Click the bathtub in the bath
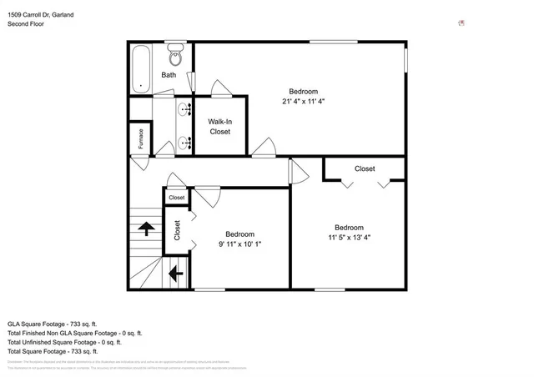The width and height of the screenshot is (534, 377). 141,68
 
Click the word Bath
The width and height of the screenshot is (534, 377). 169,75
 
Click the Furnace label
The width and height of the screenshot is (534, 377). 140,138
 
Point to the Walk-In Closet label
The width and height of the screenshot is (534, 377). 219,126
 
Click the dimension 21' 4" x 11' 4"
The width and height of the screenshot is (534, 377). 303,102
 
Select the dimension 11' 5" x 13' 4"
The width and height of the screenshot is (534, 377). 349,238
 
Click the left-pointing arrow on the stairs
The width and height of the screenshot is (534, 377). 176,273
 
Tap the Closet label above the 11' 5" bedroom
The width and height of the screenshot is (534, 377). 365,168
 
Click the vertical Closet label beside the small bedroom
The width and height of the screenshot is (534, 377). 177,230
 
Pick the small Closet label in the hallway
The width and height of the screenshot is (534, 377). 176,198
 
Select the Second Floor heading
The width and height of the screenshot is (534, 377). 26,24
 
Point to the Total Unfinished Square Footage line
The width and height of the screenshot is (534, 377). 64,342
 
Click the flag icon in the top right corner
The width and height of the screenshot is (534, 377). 461,23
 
